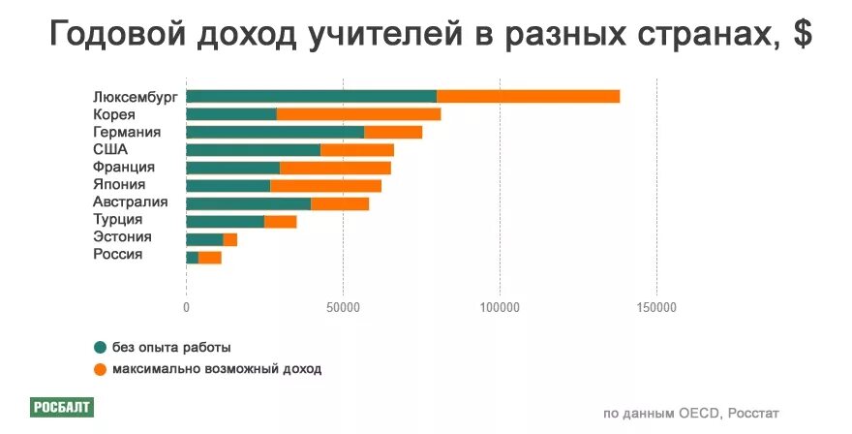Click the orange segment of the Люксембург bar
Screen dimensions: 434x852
[528, 96]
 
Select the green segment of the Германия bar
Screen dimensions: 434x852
[275, 132]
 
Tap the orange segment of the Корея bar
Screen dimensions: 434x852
[358, 114]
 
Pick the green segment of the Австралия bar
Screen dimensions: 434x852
[248, 203]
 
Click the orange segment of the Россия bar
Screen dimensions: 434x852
[209, 257]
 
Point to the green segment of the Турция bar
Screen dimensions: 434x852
[225, 222]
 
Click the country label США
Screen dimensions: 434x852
[110, 149]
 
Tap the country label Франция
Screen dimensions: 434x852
[123, 167]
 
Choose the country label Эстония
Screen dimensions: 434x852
[122, 237]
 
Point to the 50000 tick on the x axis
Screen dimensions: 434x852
[343, 307]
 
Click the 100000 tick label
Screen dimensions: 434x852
[500, 307]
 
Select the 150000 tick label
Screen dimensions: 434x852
[656, 307]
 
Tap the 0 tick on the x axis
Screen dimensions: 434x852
[186, 307]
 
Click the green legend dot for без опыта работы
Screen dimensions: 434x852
[100, 348]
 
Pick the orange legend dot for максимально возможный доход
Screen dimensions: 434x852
[100, 369]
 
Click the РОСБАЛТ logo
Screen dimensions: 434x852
[61, 407]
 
